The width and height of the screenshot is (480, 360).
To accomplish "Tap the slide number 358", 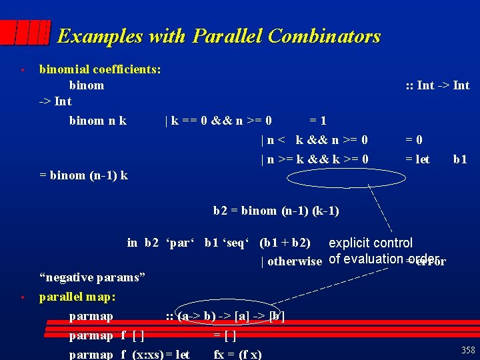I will coord(468,351).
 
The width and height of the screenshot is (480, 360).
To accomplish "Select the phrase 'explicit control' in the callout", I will coord(371,243).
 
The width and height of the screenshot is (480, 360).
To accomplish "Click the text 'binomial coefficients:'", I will coord(100,69).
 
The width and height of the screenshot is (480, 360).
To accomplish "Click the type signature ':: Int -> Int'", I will coord(438,85).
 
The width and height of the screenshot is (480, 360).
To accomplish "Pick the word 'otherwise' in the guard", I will coord(295,261).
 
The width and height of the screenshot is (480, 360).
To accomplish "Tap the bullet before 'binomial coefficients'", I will coord(22,69).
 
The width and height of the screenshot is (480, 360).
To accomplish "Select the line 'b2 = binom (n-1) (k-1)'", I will coord(276,211).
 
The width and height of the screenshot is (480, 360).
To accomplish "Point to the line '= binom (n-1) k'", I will coord(84,176).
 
